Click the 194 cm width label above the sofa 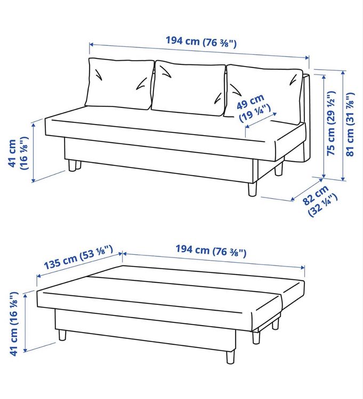201,41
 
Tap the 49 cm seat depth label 254,108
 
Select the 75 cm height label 331,123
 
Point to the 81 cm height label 350,124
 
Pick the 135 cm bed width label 78,257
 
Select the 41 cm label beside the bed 13,323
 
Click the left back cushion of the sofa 119,84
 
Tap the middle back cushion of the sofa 189,88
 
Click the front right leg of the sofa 252,189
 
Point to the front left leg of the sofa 72,165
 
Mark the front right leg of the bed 230,356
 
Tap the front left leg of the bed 62,335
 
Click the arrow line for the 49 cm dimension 261,120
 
